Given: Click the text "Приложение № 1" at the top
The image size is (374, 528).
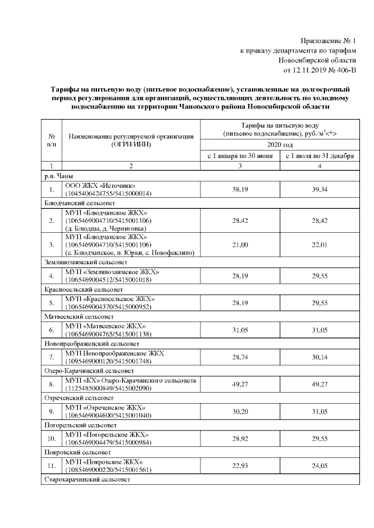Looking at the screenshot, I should tap(328, 41).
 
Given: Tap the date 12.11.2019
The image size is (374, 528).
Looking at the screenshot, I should tap(309, 71).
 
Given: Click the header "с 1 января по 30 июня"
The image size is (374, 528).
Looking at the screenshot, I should tap(240, 156).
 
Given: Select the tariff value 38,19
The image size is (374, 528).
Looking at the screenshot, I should tap(240, 190).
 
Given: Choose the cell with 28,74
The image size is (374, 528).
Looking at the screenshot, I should tap(240, 356).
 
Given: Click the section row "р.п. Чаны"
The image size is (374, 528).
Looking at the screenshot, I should tap(58, 176).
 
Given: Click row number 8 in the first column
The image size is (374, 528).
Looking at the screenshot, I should tap(51, 384).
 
